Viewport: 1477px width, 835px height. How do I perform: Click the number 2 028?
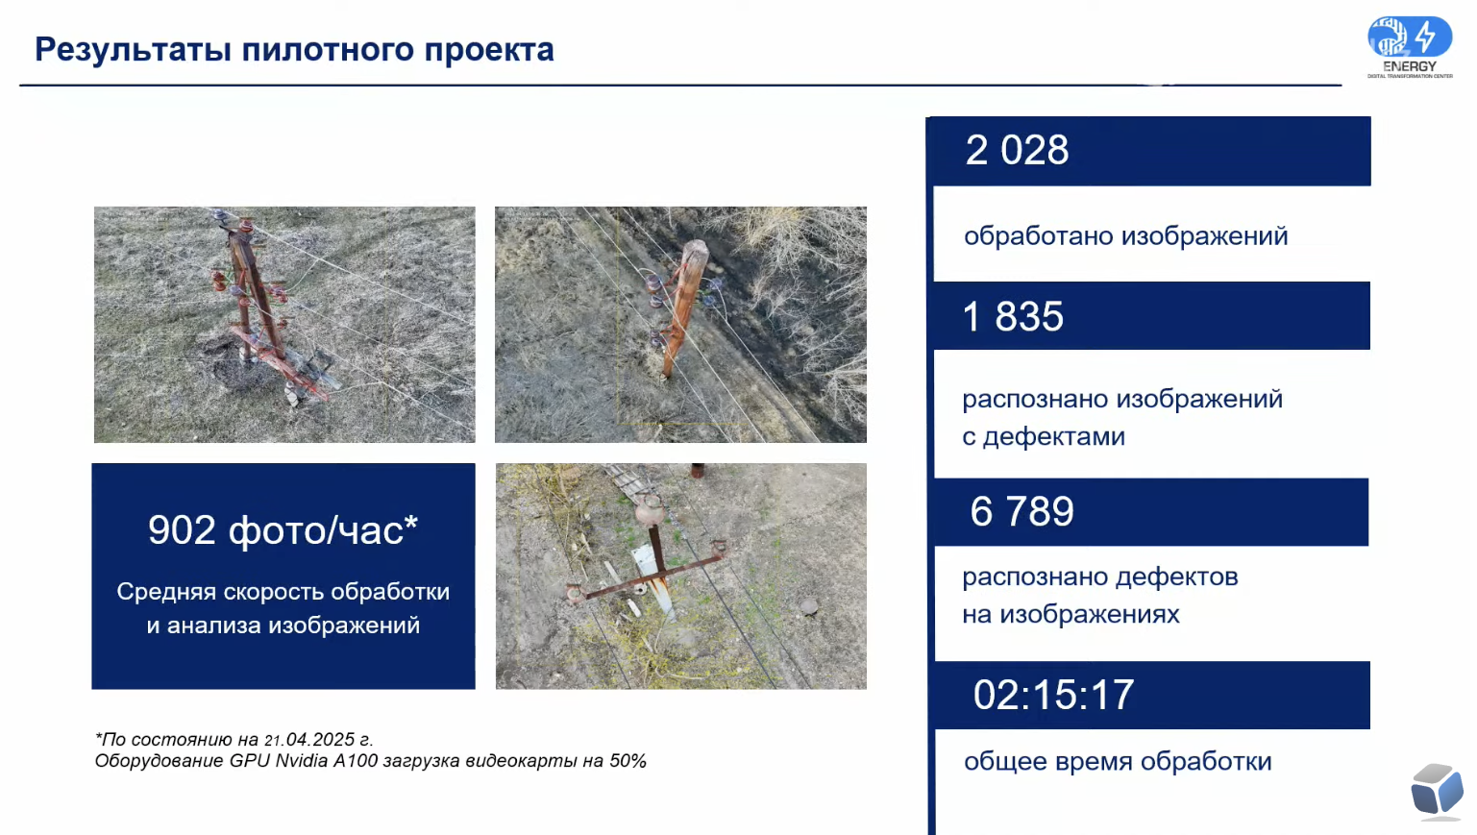tap(1017, 151)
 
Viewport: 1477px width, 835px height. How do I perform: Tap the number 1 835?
tap(1013, 316)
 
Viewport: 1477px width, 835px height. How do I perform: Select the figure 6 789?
tap(1022, 512)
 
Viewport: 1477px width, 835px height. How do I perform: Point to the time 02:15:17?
tap(1053, 695)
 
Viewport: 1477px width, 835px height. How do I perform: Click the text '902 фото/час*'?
tap(283, 530)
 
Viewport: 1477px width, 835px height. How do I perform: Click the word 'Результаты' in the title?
tap(133, 50)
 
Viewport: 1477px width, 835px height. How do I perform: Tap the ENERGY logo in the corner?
tap(1410, 47)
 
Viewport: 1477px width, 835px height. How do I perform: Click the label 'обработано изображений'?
tap(1125, 236)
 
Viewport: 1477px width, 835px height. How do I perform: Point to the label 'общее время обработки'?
tap(1118, 762)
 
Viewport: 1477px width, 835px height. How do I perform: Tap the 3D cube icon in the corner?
tap(1438, 792)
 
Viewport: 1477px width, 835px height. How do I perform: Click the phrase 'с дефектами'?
tap(1044, 436)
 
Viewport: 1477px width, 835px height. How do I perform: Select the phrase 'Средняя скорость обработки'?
tap(283, 592)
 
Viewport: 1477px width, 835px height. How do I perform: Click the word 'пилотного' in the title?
tap(327, 50)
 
